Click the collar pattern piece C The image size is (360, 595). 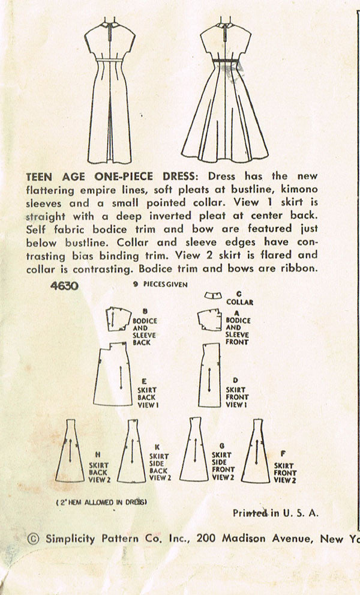212,296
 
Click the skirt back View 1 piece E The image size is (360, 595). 115,378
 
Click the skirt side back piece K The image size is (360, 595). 132,452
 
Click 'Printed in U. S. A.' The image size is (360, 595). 275,513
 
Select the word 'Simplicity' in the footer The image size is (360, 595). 70,539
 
